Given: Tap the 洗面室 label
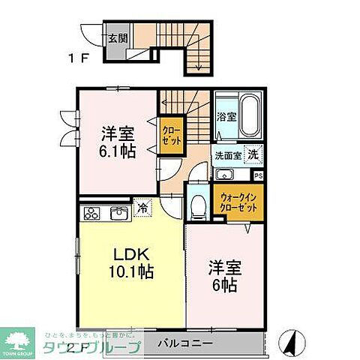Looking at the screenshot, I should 227,157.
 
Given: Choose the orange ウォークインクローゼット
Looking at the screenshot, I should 238,202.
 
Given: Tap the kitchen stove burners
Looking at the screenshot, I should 91,213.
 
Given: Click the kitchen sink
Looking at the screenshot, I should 118,214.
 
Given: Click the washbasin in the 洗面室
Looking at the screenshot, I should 223,175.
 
